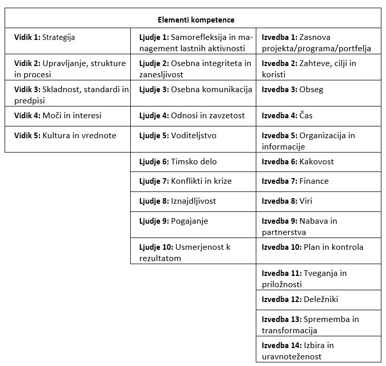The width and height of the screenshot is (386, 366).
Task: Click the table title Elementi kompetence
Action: point(195,20)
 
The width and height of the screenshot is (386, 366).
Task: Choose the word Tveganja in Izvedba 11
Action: point(321,273)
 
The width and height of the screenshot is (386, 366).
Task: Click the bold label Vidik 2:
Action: point(27,63)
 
